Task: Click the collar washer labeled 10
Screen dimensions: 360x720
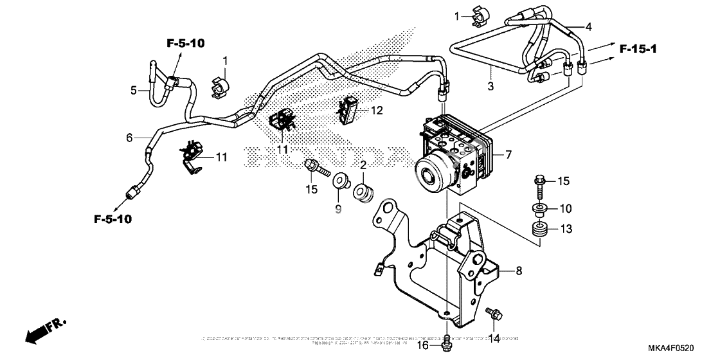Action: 535,208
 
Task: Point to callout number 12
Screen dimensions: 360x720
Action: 376,111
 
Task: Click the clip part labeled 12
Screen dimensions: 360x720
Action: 350,110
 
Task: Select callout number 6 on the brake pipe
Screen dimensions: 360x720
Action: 129,138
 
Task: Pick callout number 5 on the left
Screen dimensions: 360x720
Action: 134,91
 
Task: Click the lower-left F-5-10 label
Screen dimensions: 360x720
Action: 113,219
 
